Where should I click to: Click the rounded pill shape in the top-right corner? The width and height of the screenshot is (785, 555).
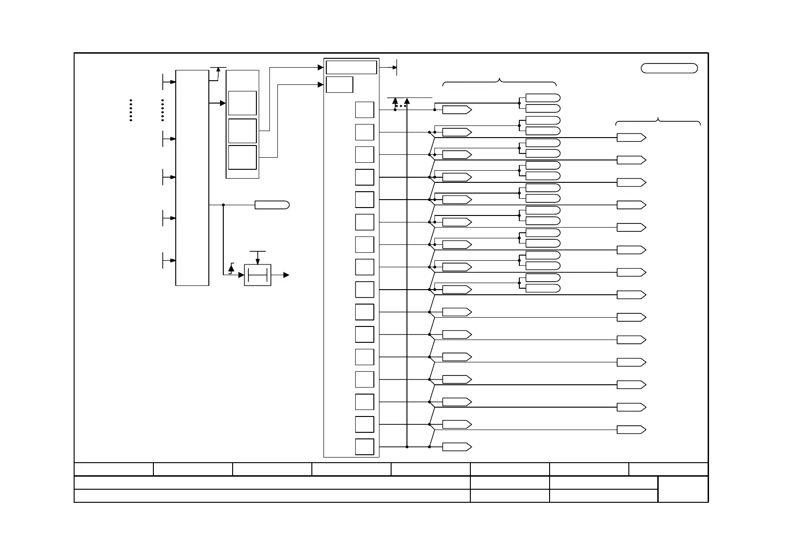coord(669,68)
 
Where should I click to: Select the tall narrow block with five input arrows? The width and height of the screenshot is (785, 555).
coord(192,178)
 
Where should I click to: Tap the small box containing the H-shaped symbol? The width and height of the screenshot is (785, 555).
coord(257,275)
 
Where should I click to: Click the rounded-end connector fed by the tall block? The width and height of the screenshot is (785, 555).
coord(272,205)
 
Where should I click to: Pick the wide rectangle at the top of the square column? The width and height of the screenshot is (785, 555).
coord(351,67)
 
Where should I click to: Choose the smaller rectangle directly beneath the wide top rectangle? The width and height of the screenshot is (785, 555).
coord(339,84)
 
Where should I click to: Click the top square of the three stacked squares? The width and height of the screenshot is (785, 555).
coord(242,103)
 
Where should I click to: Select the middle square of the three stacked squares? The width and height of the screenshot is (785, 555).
coord(242,131)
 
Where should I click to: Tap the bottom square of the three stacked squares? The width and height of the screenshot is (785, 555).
coord(242,157)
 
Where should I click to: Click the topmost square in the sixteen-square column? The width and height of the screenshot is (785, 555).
coord(365,110)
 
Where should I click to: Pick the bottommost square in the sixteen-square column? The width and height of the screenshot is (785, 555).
coord(365,446)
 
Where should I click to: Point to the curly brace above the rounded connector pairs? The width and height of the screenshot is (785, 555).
coord(499,82)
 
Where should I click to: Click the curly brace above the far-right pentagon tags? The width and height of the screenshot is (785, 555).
coord(658,121)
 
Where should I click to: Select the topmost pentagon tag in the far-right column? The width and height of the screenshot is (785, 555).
coord(631,138)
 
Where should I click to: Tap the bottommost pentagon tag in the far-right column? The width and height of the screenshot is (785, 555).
coord(631,430)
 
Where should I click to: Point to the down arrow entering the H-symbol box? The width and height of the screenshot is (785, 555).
coord(257,261)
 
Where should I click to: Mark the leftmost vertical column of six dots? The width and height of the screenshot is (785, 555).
coord(131,110)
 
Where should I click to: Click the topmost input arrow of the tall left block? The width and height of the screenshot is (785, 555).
coord(172,82)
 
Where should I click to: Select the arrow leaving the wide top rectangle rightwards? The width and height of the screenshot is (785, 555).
coord(394,67)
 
